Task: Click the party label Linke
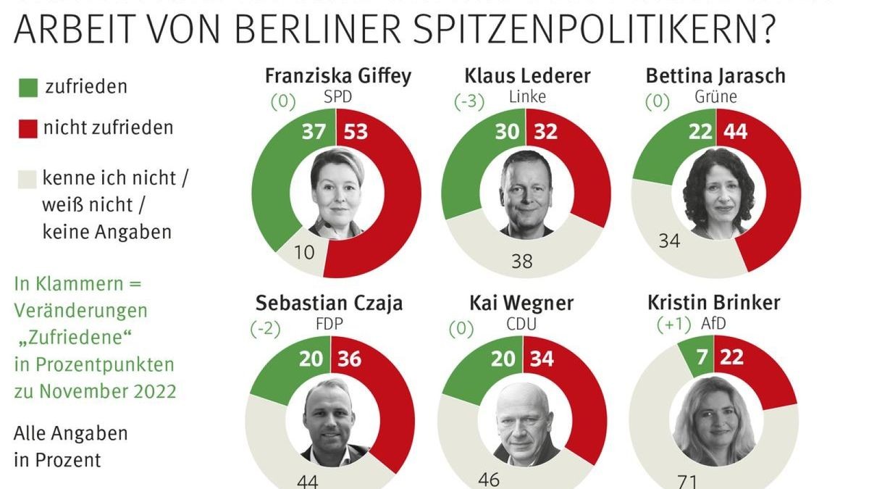526,96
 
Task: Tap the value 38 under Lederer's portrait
521,261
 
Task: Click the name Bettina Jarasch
716,76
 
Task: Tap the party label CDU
522,324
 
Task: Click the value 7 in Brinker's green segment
700,357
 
